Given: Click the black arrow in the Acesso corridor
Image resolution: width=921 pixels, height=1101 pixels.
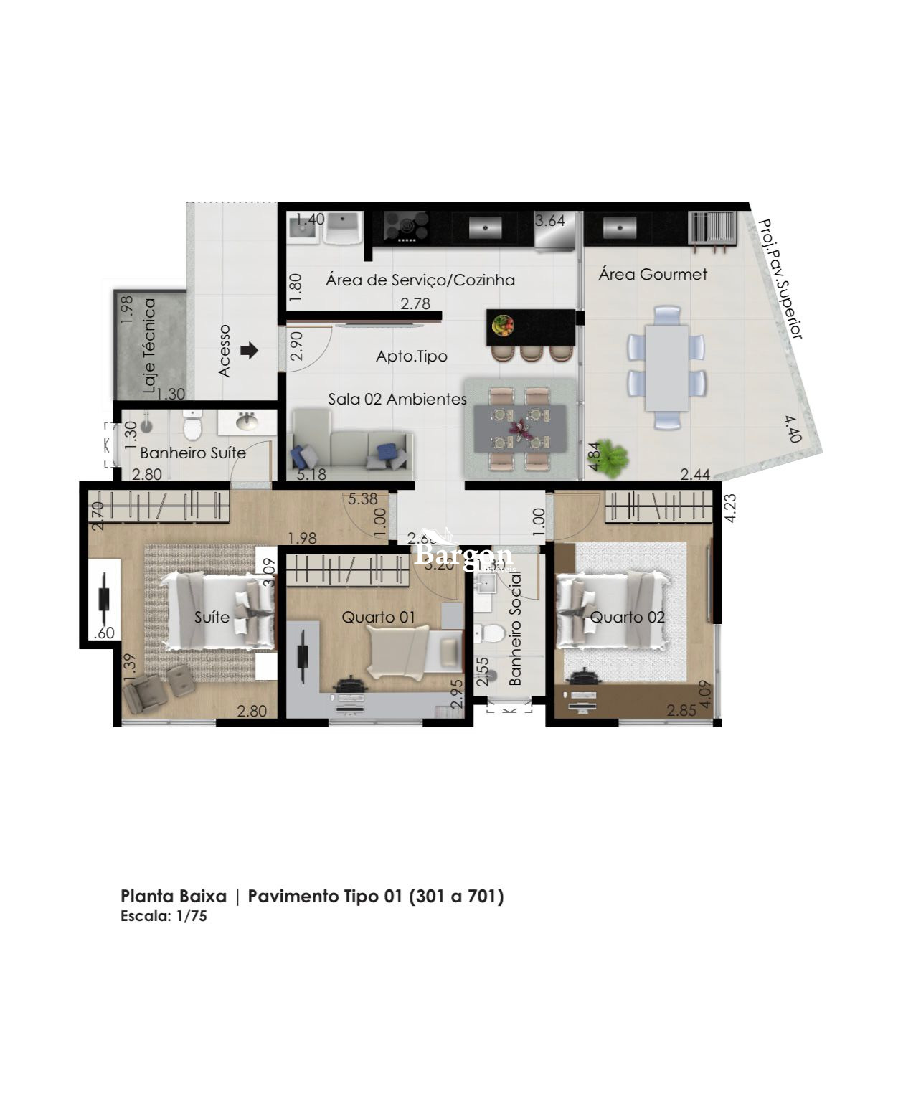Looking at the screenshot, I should (249, 351).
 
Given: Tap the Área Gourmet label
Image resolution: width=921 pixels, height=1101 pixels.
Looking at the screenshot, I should (653, 274).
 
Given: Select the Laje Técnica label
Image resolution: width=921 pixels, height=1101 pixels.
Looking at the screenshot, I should (149, 346).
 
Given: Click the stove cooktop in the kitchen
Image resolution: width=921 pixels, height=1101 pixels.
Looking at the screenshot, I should (406, 226).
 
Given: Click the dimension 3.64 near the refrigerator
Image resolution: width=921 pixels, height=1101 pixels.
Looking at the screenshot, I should (550, 220).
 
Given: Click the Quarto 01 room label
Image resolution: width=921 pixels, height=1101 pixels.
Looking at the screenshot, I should (378, 617).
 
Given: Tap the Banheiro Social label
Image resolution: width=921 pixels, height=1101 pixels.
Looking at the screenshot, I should (515, 638).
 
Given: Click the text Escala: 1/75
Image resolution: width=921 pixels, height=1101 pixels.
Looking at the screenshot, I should (164, 916).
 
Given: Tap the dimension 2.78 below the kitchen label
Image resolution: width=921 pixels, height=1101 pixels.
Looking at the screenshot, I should (415, 303).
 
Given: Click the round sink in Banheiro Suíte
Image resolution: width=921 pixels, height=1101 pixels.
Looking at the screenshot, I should (247, 421).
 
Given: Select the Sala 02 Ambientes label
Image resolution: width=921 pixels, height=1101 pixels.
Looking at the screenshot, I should (397, 399).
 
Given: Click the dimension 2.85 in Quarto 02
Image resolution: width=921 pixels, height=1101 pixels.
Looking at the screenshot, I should (681, 710).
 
